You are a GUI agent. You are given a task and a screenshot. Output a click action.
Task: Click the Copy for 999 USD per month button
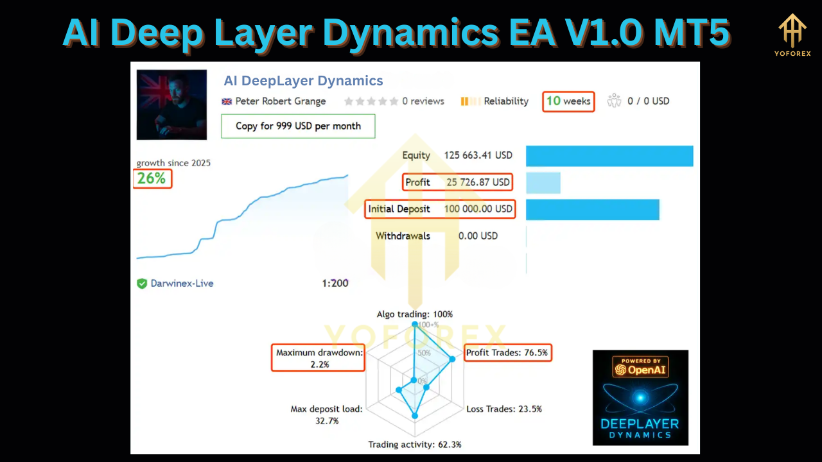tap(298, 126)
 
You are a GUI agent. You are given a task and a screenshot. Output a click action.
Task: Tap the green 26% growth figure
tap(152, 178)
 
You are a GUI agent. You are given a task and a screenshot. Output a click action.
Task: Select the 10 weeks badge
tap(568, 101)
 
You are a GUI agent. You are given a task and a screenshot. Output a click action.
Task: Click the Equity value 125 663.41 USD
tap(478, 155)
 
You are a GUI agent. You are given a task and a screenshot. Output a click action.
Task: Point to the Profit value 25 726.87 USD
tap(478, 182)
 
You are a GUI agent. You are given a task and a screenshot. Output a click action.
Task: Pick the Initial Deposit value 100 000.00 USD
tap(478, 209)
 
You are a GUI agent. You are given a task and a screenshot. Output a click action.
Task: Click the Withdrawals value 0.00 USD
tap(478, 236)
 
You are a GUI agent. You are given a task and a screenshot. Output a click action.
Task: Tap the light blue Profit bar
tap(543, 182)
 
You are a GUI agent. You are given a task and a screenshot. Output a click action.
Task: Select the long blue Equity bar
tap(609, 156)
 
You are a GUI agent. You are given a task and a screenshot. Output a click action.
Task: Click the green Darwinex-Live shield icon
tap(142, 284)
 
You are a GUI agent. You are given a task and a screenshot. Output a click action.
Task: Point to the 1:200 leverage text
tap(335, 283)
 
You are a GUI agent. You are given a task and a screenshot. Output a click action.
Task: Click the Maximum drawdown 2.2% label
tap(319, 358)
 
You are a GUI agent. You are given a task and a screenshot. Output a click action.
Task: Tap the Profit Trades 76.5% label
tap(507, 352)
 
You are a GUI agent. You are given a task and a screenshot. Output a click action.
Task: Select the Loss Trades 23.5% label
tap(504, 409)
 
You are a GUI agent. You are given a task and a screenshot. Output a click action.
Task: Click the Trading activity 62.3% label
tap(414, 444)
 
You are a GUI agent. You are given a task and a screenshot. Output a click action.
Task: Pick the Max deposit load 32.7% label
tap(327, 415)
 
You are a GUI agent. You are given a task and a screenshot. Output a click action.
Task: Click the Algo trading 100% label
tap(414, 314)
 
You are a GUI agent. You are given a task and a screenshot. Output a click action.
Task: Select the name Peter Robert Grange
tap(281, 101)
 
